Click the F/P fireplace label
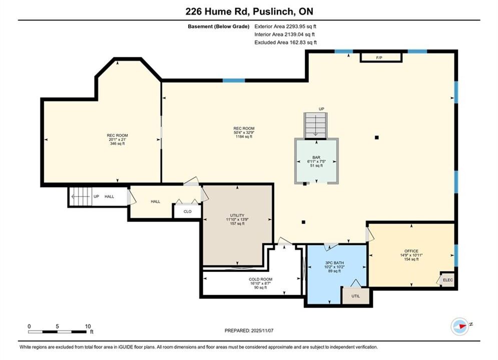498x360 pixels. click(x=379, y=57)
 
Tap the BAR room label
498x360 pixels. click(x=316, y=157)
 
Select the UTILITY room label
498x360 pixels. click(x=237, y=215)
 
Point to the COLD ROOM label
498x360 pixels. click(x=260, y=279)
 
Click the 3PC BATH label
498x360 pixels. click(x=334, y=263)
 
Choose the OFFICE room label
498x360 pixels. click(x=411, y=251)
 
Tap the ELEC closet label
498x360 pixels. click(x=448, y=280)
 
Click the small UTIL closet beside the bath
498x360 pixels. click(x=356, y=296)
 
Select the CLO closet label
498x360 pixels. click(x=187, y=211)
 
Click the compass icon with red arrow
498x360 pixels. click(x=460, y=326)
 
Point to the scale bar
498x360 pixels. click(x=57, y=332)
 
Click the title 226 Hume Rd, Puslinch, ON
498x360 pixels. click(x=249, y=11)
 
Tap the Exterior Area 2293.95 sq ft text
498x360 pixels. click(x=285, y=26)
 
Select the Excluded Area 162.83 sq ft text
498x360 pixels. click(x=285, y=42)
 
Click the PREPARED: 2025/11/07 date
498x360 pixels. click(x=249, y=330)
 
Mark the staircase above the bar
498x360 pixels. click(x=315, y=125)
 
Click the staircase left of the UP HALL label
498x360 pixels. click(x=81, y=196)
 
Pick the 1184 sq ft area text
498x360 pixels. click(x=244, y=136)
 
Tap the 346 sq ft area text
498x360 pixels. click(x=117, y=143)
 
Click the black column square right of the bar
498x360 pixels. click(x=377, y=137)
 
